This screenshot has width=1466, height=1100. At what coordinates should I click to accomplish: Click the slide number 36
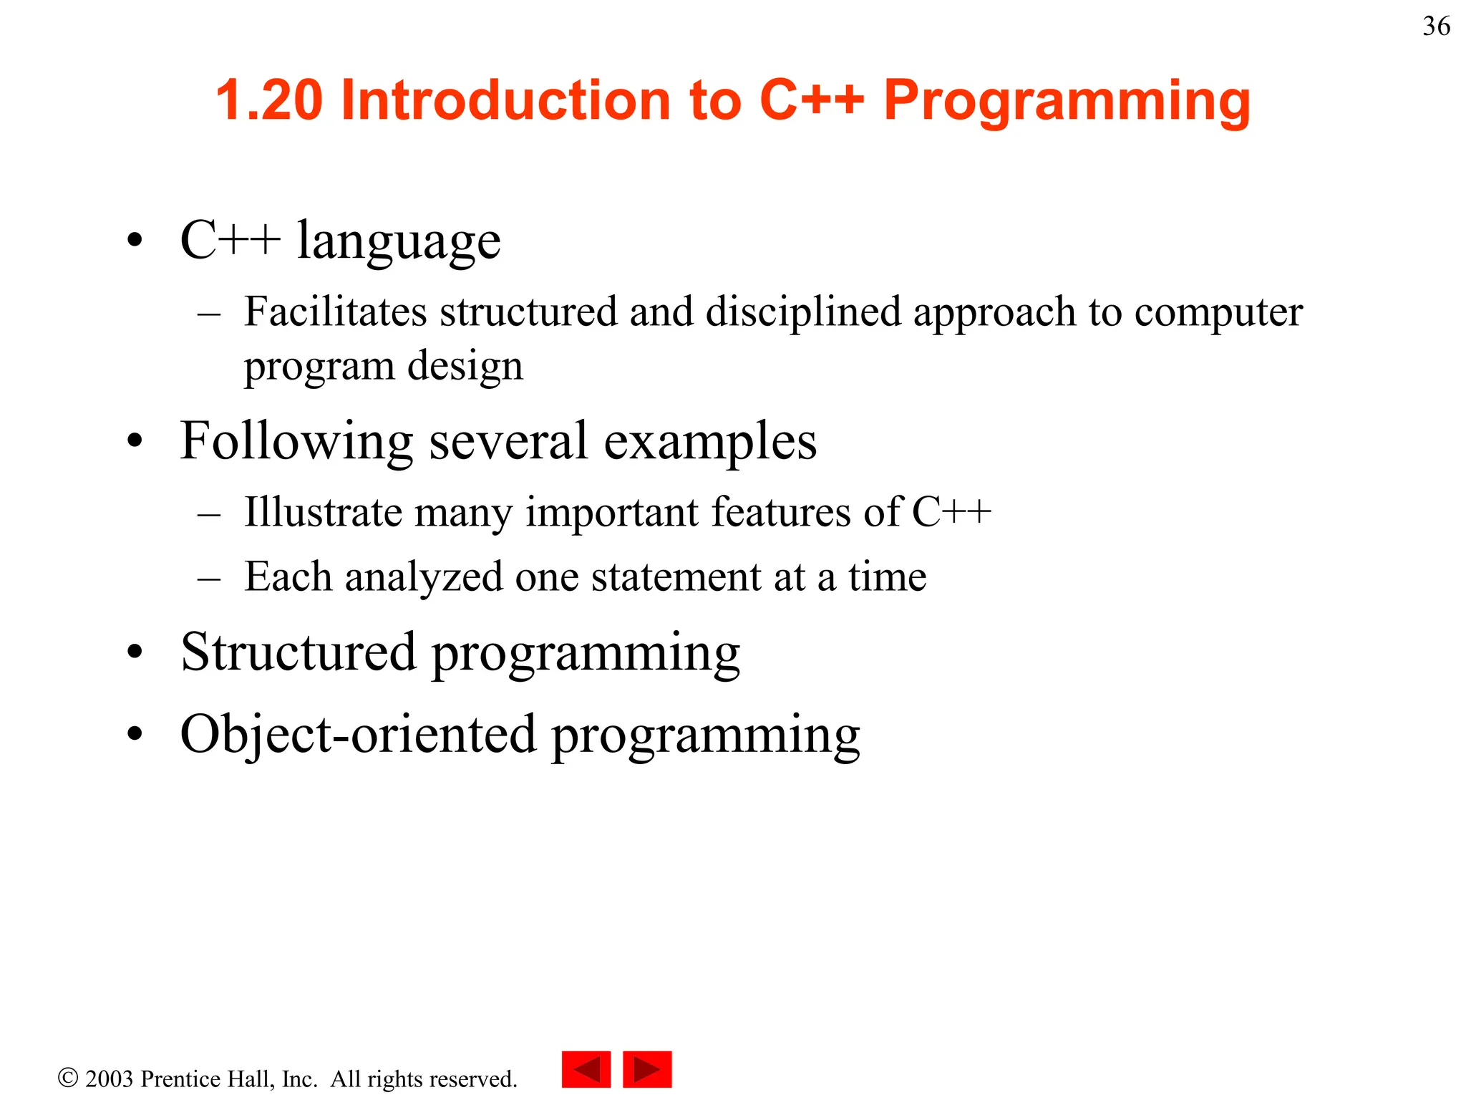pyautogui.click(x=1436, y=26)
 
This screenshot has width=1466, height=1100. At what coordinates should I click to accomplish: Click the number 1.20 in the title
pyautogui.click(x=269, y=100)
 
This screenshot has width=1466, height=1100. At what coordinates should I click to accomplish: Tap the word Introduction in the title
pyautogui.click(x=505, y=100)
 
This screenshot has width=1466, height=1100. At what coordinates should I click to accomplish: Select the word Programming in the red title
pyautogui.click(x=1067, y=101)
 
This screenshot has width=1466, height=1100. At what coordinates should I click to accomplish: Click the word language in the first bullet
pyautogui.click(x=399, y=241)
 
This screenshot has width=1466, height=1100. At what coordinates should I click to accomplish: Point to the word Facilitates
pyautogui.click(x=335, y=312)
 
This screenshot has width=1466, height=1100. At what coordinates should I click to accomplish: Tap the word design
pyautogui.click(x=465, y=367)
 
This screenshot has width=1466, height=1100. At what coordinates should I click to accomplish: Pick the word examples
pyautogui.click(x=710, y=442)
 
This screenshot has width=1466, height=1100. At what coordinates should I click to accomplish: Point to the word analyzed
pyautogui.click(x=424, y=577)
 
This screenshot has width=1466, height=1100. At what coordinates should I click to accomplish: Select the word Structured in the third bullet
pyautogui.click(x=298, y=652)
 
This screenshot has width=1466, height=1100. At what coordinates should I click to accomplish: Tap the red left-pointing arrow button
pyautogui.click(x=586, y=1070)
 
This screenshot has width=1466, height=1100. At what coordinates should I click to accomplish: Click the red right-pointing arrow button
pyautogui.click(x=647, y=1070)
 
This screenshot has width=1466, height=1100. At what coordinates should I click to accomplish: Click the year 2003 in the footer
pyautogui.click(x=109, y=1079)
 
